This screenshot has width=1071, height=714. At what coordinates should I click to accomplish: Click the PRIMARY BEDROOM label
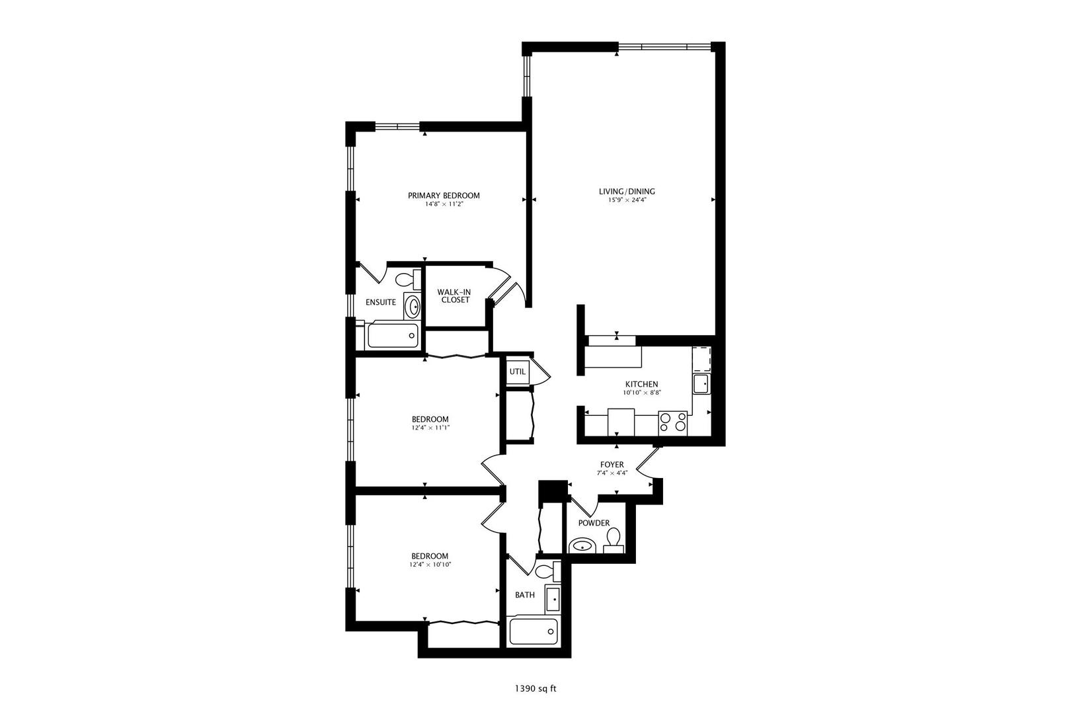pyautogui.click(x=444, y=195)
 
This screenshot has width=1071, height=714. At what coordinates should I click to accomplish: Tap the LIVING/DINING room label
pyautogui.click(x=627, y=192)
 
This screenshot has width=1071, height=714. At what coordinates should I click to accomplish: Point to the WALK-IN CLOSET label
pyautogui.click(x=455, y=296)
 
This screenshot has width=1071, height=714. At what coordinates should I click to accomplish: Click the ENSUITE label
pyautogui.click(x=381, y=303)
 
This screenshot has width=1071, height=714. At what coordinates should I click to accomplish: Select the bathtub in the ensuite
pyautogui.click(x=393, y=335)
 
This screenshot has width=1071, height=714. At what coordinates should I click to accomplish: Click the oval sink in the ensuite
pyautogui.click(x=413, y=307)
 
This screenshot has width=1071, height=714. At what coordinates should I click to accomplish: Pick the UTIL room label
pyautogui.click(x=518, y=372)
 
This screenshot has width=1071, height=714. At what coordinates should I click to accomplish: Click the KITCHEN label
pyautogui.click(x=641, y=384)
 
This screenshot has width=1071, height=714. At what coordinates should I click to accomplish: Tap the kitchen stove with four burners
pyautogui.click(x=673, y=422)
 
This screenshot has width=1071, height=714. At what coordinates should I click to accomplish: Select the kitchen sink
pyautogui.click(x=701, y=383)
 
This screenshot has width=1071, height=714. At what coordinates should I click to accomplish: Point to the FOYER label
pyautogui.click(x=612, y=465)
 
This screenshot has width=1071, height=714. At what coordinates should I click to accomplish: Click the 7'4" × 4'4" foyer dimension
pyautogui.click(x=612, y=473)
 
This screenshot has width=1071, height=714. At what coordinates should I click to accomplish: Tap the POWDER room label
pyautogui.click(x=594, y=523)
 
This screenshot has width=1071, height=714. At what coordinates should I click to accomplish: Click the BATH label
pyautogui.click(x=525, y=595)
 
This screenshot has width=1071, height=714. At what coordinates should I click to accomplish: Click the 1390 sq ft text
pyautogui.click(x=535, y=689)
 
